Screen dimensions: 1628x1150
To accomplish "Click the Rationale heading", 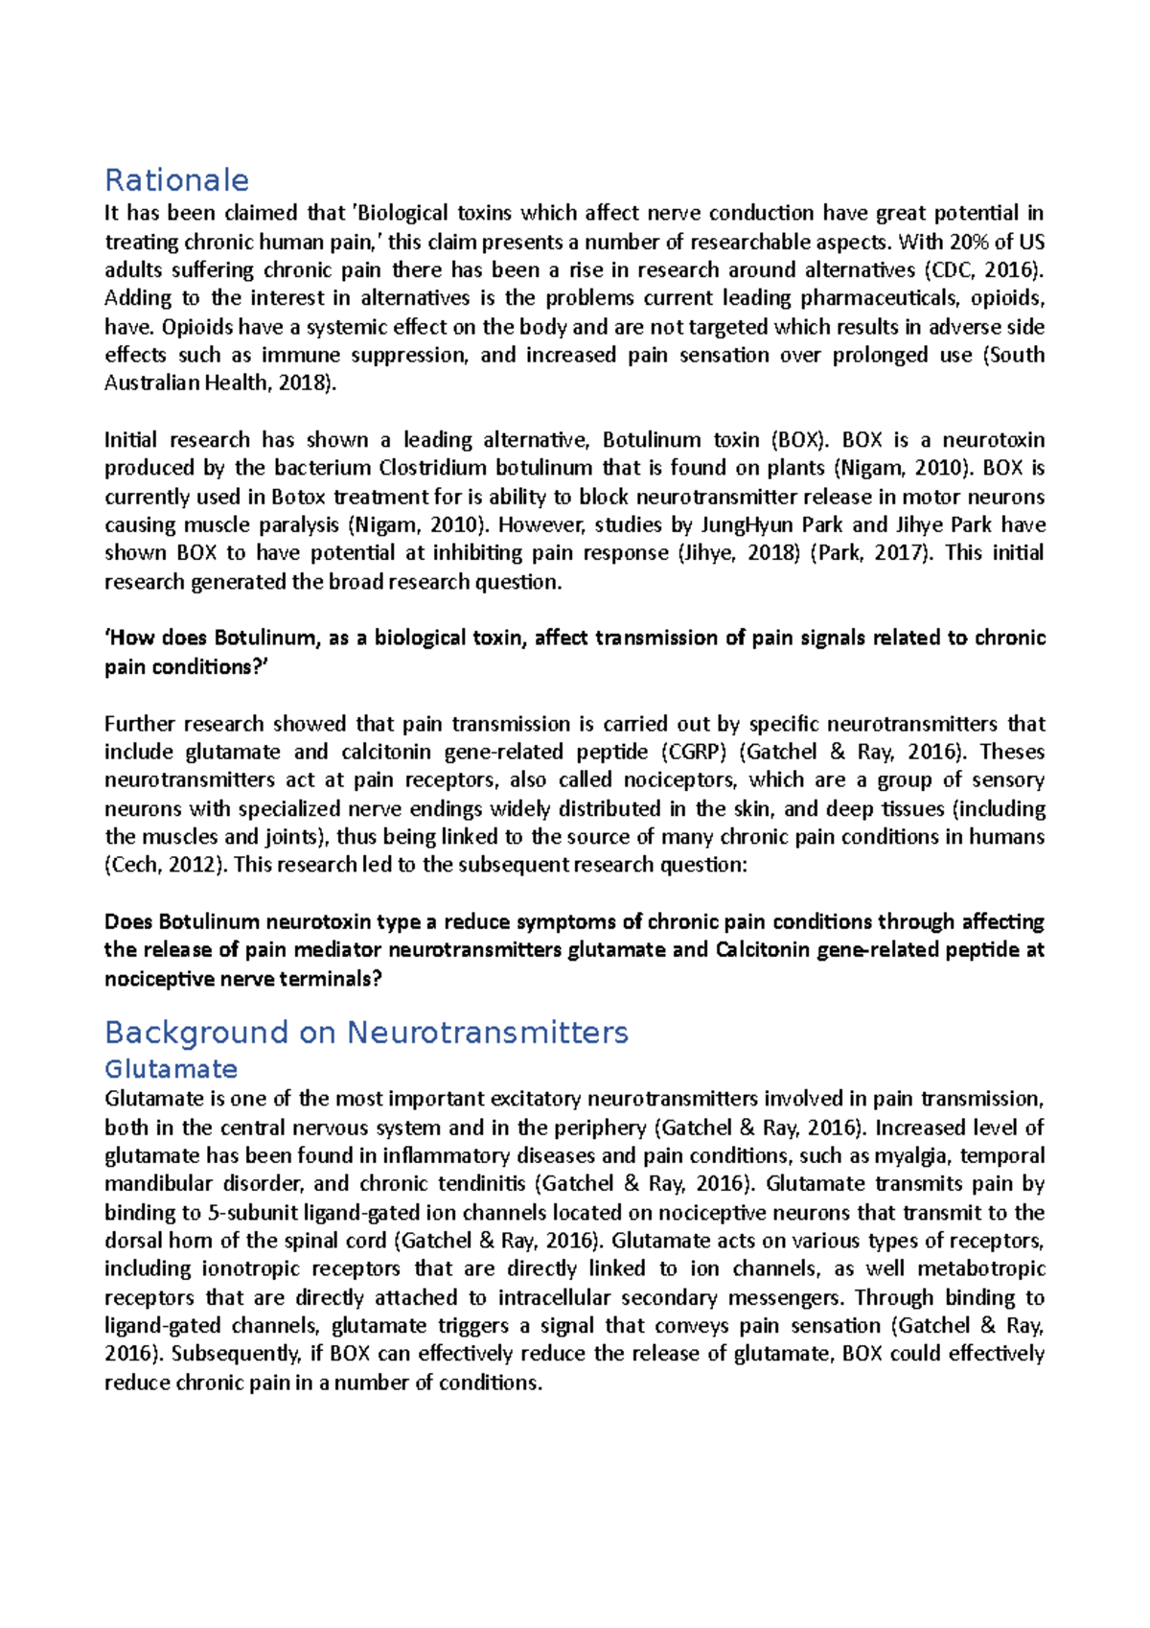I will (176, 180).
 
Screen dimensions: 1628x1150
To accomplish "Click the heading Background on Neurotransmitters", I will (366, 1033).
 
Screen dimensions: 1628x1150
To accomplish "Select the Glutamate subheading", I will (171, 1069).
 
